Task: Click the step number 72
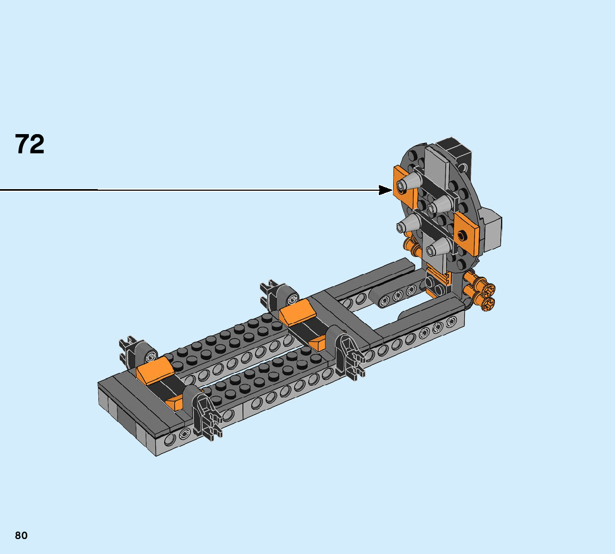click(30, 144)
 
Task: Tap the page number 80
click(21, 535)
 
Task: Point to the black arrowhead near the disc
click(385, 190)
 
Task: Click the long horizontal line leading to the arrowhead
click(190, 190)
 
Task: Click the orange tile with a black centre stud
click(466, 235)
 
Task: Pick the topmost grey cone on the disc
click(409, 183)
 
